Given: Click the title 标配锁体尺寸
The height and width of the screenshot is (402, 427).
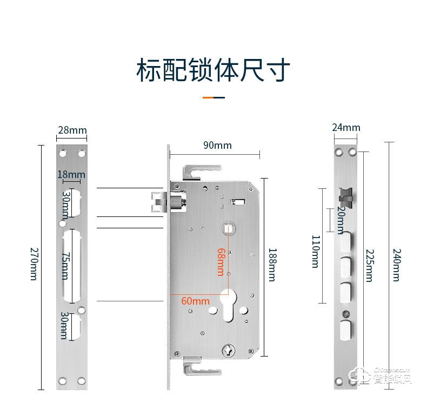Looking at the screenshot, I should [213, 70].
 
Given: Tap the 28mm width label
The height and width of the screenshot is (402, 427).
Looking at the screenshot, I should [72, 130].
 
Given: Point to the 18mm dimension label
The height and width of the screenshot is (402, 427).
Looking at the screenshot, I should [71, 174].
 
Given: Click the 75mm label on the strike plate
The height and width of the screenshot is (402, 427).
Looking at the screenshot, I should [64, 266].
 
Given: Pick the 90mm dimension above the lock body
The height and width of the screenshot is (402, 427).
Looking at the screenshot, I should [217, 145].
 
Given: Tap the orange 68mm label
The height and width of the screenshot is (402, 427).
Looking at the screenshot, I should [221, 261].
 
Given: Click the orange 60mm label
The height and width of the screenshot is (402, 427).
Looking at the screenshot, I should [196, 301].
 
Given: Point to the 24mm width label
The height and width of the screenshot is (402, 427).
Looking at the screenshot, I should [346, 128].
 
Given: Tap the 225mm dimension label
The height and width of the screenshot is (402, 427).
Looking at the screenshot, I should [369, 265].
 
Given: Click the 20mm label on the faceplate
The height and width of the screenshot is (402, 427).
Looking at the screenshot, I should [341, 220].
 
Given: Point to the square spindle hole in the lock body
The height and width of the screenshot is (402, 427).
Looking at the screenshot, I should [228, 229].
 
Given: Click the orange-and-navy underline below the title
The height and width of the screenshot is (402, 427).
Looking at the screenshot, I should [213, 97].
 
